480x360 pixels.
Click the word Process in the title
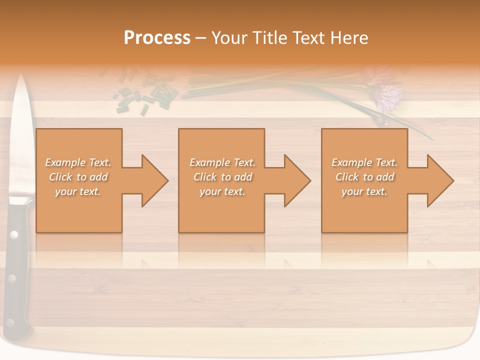click(157, 37)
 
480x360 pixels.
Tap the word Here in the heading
click(350, 37)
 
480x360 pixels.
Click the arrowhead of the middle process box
click(296, 180)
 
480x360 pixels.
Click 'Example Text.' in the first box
click(78, 162)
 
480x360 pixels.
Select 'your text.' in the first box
click(78, 191)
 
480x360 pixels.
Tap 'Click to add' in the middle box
click(222, 177)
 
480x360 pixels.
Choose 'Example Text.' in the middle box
click(222, 162)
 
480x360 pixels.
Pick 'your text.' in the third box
click(364, 191)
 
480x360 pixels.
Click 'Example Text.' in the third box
click(364, 162)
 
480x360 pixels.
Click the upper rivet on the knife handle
click(13, 234)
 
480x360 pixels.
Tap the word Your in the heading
click(229, 37)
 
